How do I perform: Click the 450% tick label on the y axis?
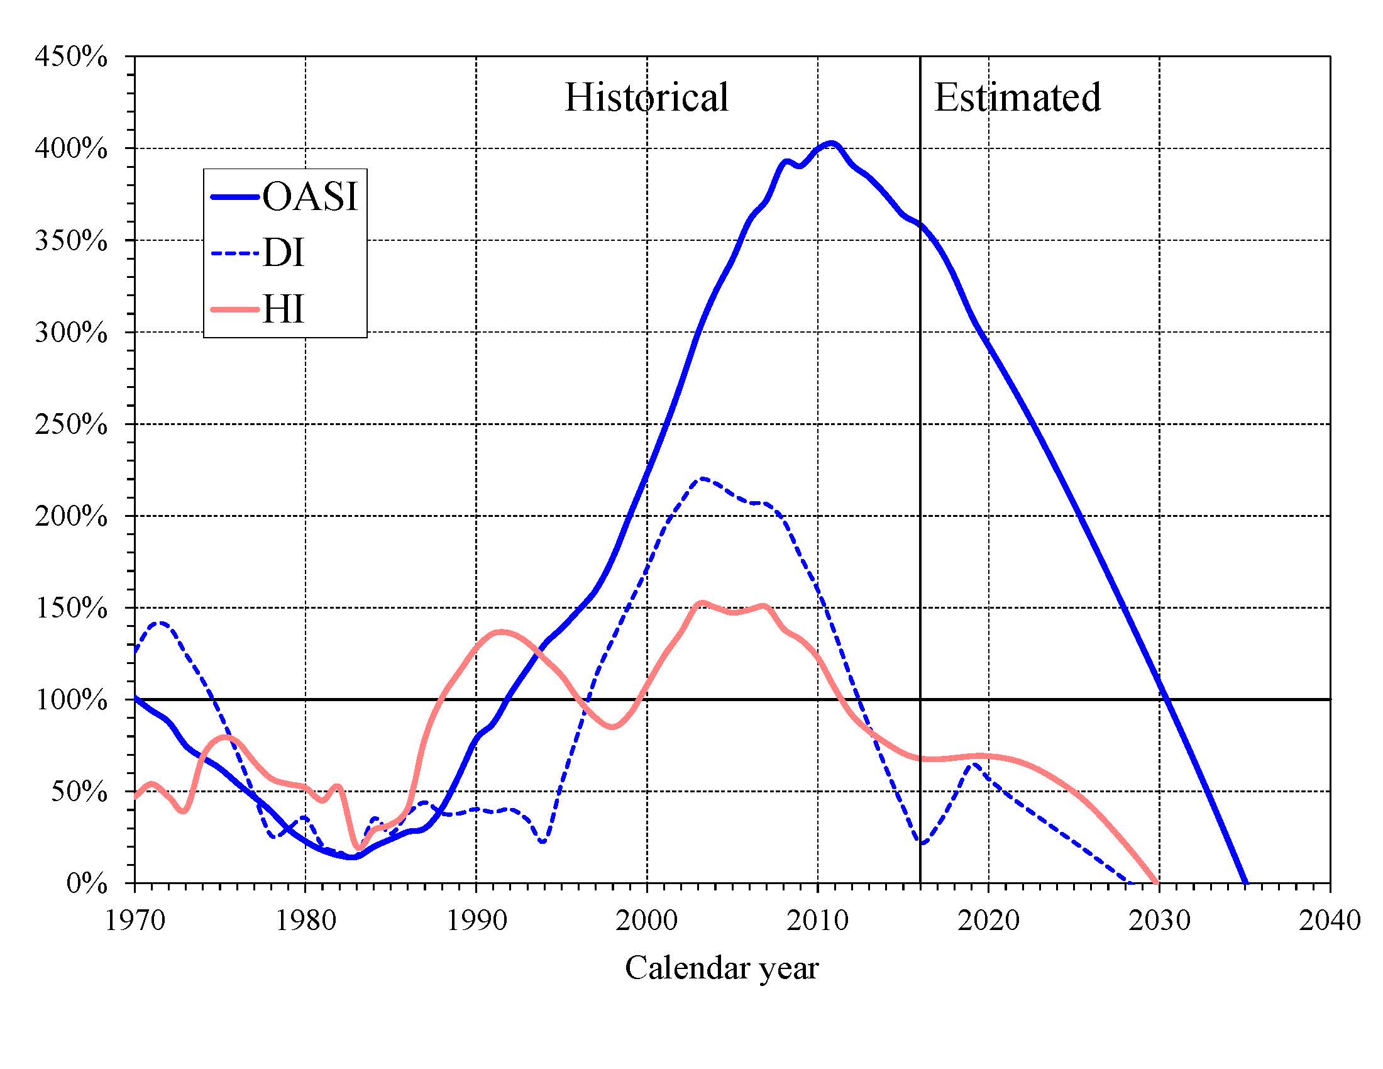tap(71, 57)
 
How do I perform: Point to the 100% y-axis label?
tap(71, 700)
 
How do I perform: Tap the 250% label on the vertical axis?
tap(71, 424)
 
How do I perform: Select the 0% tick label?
tap(86, 883)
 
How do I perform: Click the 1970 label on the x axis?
tap(135, 920)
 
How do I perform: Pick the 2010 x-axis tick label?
tap(817, 920)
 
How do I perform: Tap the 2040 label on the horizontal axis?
tap(1330, 920)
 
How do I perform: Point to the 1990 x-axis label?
tap(477, 920)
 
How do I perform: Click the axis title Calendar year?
tap(722, 968)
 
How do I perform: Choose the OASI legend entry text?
tap(311, 196)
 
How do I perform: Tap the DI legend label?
tap(283, 253)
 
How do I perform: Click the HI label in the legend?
tap(283, 309)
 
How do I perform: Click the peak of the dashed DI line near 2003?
tap(702, 478)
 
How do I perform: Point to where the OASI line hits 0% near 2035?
tap(1245, 883)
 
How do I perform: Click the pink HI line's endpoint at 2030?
tap(1158, 882)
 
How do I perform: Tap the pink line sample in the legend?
tap(235, 309)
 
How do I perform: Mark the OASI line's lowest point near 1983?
tap(353, 857)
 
